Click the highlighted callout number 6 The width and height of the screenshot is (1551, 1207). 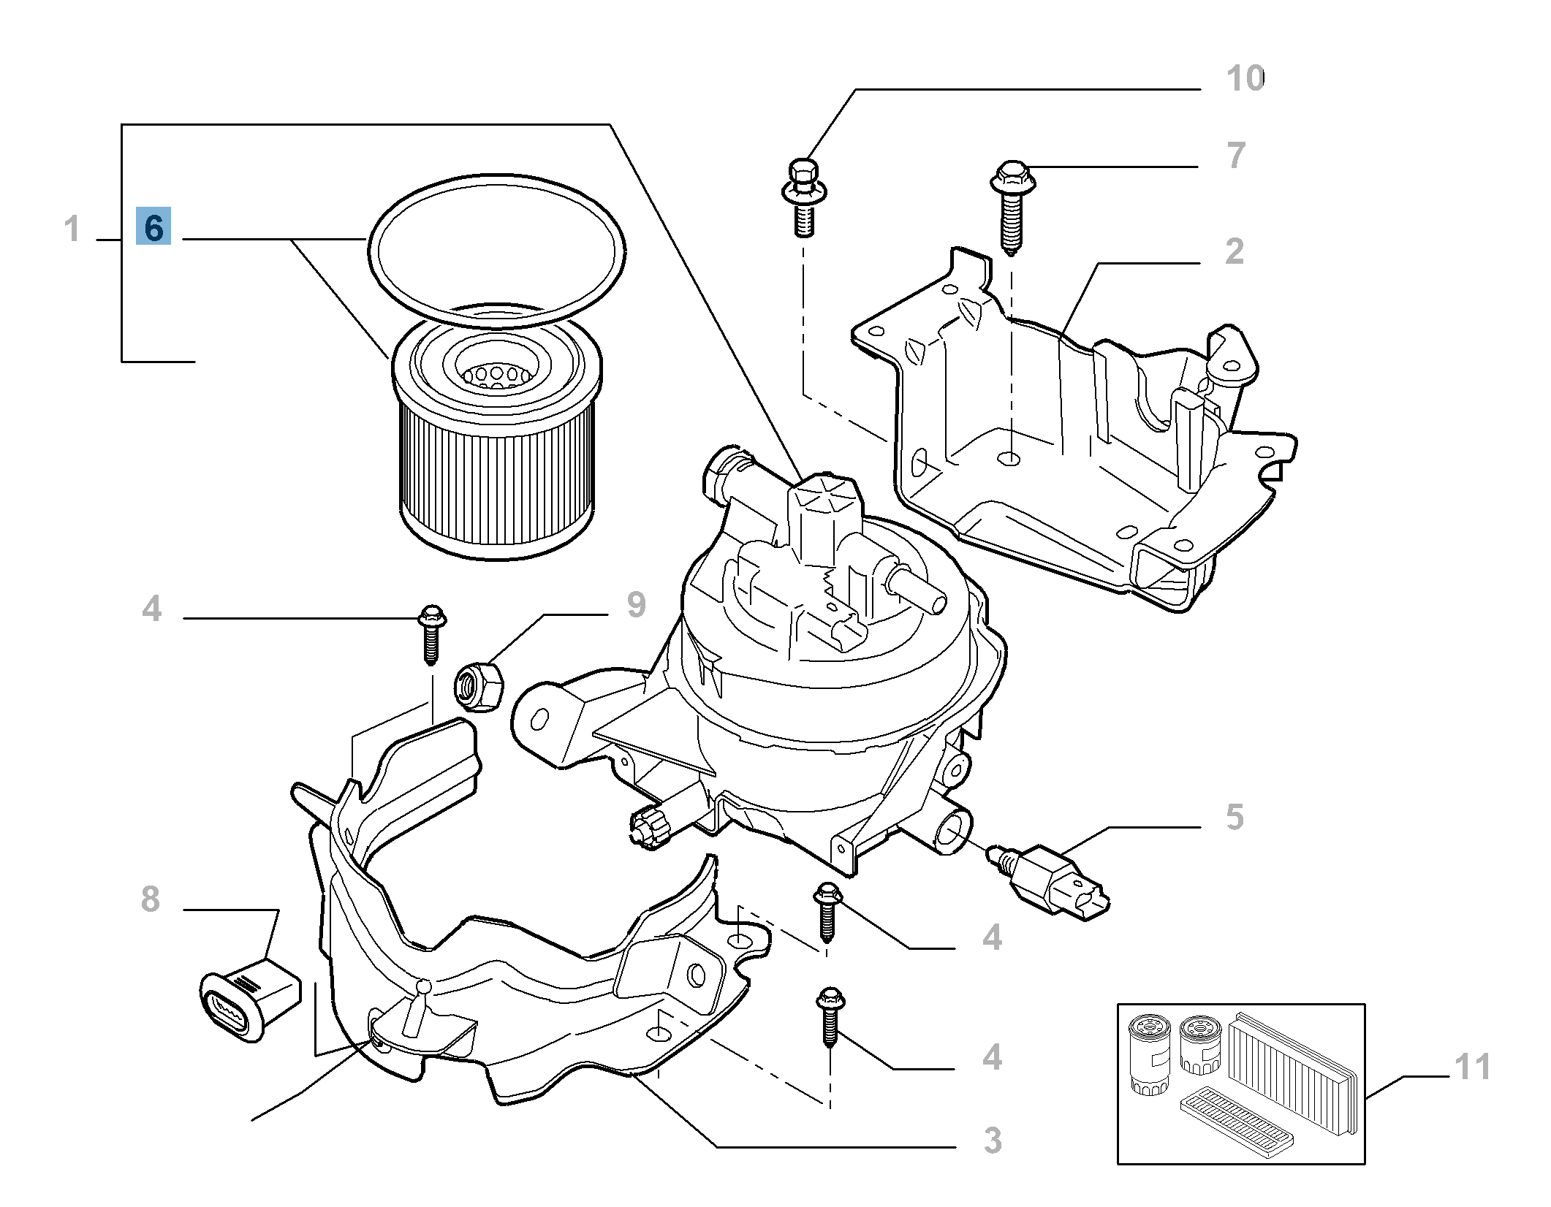(153, 226)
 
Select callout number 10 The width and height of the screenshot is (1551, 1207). (1245, 79)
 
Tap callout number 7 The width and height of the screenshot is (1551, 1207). (1235, 156)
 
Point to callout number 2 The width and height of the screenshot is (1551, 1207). (1235, 251)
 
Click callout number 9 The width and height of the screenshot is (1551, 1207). (636, 605)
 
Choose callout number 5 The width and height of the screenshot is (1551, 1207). (1235, 817)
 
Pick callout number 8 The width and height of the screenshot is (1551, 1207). (150, 899)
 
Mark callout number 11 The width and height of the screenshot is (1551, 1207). (1472, 1067)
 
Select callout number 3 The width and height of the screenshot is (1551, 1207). (992, 1140)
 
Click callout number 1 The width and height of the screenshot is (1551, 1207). (71, 229)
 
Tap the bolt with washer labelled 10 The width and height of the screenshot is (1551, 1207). (803, 196)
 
